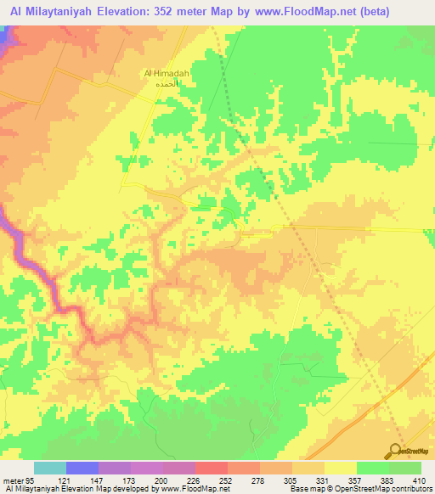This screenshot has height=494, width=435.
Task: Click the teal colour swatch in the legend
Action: click(x=49, y=468)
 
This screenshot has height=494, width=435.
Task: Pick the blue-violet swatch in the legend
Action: click(x=82, y=468)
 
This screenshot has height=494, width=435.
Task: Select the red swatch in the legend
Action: click(x=211, y=468)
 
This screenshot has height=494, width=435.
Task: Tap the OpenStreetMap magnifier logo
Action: click(x=396, y=450)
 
